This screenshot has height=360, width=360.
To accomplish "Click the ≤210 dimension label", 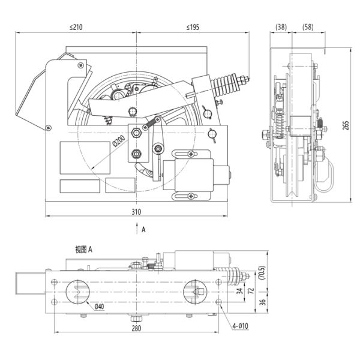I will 76,27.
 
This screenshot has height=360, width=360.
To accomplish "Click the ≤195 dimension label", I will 193,27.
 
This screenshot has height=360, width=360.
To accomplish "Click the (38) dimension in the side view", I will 281,27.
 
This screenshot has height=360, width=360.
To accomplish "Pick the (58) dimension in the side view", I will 307,27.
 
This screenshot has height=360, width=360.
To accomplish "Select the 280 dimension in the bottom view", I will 137,329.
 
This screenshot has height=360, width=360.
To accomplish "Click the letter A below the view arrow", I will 143,229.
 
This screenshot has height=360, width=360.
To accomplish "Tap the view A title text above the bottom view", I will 83,250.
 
